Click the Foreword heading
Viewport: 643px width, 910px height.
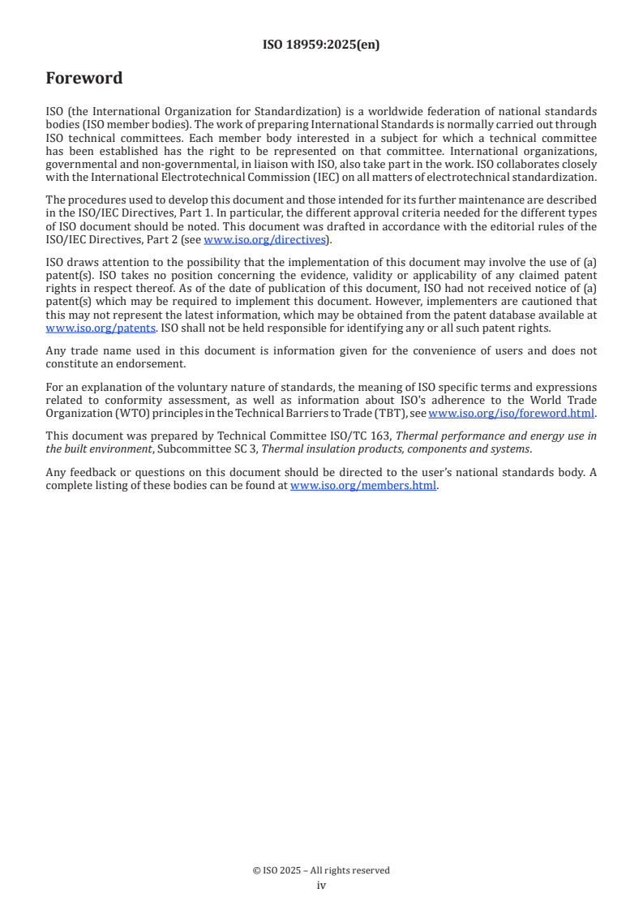tap(84, 78)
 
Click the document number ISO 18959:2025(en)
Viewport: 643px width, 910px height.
tap(321, 45)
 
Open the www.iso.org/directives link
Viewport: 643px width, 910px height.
tap(264, 239)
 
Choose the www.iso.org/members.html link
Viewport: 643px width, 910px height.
tap(363, 486)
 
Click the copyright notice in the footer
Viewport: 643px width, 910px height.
tap(321, 870)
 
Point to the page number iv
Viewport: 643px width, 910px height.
tap(321, 885)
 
